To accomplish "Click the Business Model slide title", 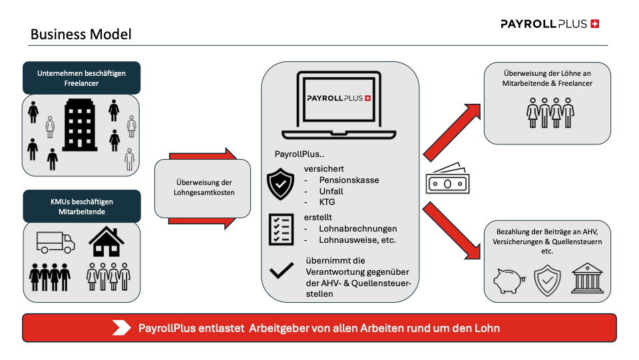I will pyautogui.click(x=81, y=34).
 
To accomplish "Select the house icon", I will pyautogui.click(x=106, y=242).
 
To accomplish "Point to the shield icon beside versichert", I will pyautogui.click(x=280, y=184).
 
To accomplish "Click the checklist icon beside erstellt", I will pyautogui.click(x=280, y=229).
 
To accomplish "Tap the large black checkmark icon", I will pyautogui.click(x=282, y=270).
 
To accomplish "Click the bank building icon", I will pyautogui.click(x=586, y=279).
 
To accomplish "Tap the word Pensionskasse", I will pyautogui.click(x=349, y=180).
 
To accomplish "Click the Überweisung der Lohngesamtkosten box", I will pyautogui.click(x=203, y=188).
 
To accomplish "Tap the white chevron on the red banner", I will pyautogui.click(x=122, y=327).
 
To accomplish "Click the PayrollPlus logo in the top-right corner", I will pyautogui.click(x=550, y=24).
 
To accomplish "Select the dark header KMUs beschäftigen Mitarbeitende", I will pyautogui.click(x=81, y=206).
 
